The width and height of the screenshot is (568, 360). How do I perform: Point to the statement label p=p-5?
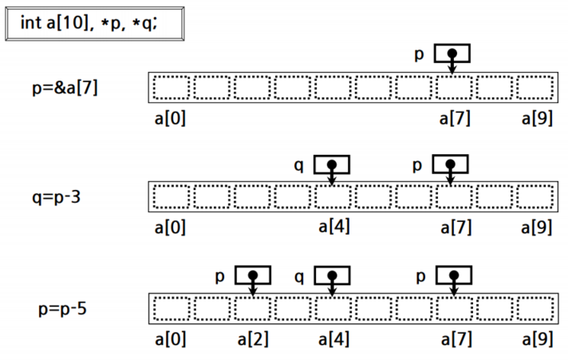click(62, 307)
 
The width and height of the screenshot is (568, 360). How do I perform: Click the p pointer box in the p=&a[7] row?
click(452, 53)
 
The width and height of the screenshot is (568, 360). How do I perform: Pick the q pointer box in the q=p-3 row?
click(331, 165)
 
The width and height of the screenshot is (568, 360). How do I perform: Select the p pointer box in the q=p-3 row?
click(452, 165)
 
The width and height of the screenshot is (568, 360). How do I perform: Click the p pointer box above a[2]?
click(252, 275)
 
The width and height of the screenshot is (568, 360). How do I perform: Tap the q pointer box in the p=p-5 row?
click(331, 275)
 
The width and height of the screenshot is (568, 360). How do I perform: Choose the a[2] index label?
click(253, 338)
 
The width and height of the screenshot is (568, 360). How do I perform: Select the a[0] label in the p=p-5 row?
click(171, 338)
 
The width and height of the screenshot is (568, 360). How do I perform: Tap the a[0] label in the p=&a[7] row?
click(171, 120)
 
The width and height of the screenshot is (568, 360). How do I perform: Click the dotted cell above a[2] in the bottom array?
click(252, 307)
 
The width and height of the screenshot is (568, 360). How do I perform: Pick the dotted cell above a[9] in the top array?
click(534, 87)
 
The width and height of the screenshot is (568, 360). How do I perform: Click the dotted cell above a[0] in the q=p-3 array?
click(171, 196)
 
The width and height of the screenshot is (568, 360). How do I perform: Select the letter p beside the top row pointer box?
click(419, 54)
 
